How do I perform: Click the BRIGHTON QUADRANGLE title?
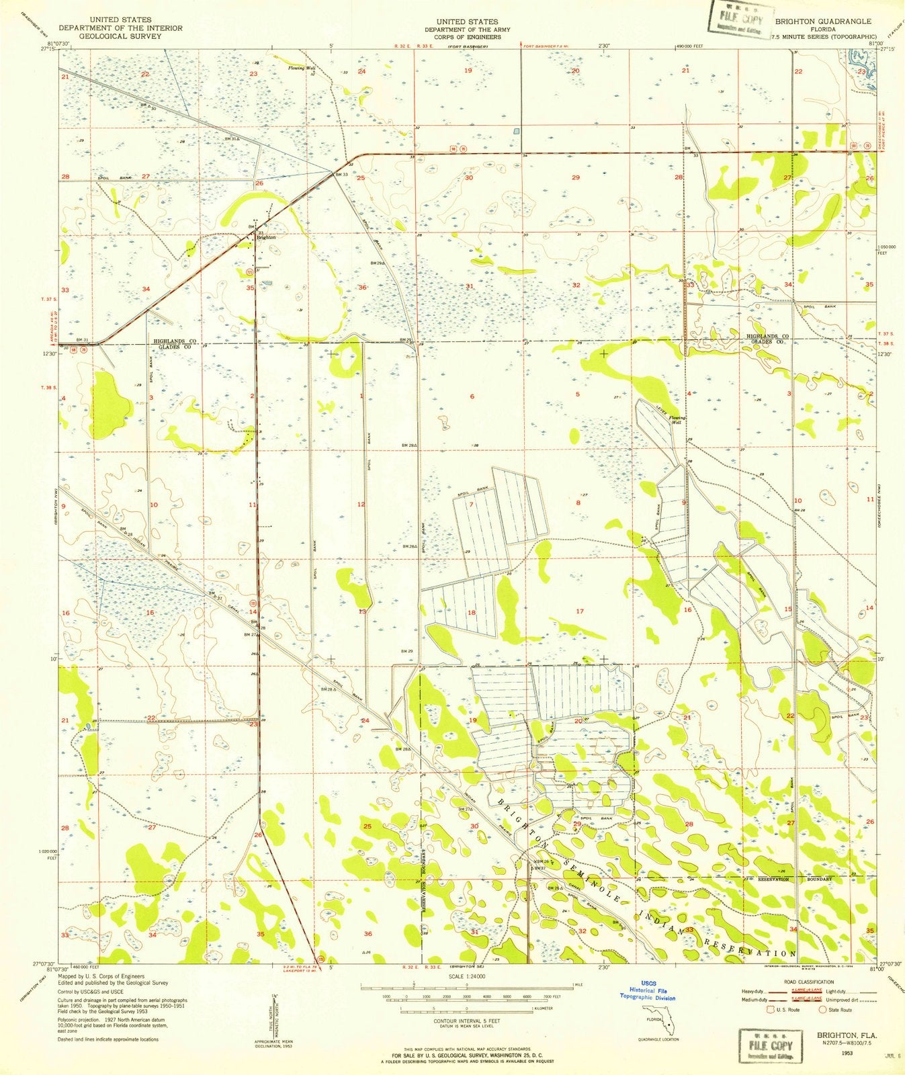(x=823, y=21)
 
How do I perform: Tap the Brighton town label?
(x=266, y=237)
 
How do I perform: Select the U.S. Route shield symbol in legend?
(x=771, y=1009)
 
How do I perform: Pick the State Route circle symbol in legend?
(x=822, y=1009)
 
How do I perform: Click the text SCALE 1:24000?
(x=466, y=976)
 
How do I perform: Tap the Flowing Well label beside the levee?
(x=677, y=419)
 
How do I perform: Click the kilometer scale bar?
(x=466, y=1008)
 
